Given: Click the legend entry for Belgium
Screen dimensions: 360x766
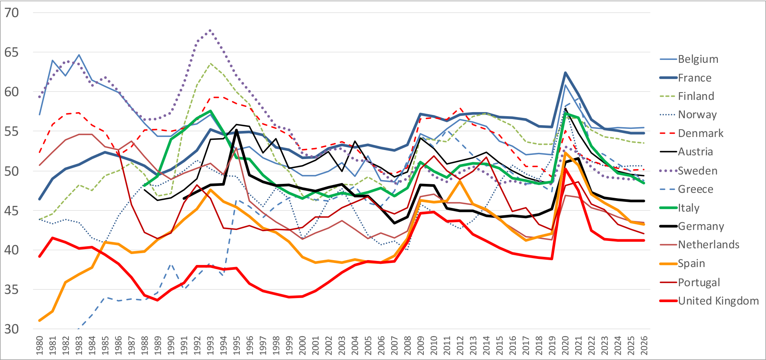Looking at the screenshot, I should point(697,59).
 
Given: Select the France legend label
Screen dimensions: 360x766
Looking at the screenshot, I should point(694,78).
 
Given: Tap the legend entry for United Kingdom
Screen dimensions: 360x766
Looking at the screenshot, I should point(718,301).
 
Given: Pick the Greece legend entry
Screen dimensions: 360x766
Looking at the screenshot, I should point(695,189).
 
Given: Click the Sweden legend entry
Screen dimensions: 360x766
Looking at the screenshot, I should point(697,171).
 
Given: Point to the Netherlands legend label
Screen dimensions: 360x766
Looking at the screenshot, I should point(708,245).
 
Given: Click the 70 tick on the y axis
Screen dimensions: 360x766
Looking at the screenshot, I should point(11,13).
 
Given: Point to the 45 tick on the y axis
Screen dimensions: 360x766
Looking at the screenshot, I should point(11,210).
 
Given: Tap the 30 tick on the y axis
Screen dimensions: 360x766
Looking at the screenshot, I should point(11,329).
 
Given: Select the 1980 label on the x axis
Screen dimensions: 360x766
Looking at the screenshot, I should point(40,345).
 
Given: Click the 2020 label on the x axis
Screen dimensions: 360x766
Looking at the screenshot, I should point(565,345).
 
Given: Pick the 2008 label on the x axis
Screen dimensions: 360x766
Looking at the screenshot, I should point(407,345).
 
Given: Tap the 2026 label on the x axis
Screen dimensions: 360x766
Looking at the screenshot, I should point(644,345).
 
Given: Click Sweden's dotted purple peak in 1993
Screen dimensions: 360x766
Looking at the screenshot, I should point(210,30).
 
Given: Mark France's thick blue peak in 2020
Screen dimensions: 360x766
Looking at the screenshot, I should point(565,73).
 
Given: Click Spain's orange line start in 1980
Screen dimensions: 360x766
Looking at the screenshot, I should point(40,320).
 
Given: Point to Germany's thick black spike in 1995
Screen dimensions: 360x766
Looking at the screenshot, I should point(237,130).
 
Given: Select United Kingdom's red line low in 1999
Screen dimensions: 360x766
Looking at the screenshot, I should point(289,297).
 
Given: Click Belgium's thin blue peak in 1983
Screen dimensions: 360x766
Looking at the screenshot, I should point(79,55).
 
